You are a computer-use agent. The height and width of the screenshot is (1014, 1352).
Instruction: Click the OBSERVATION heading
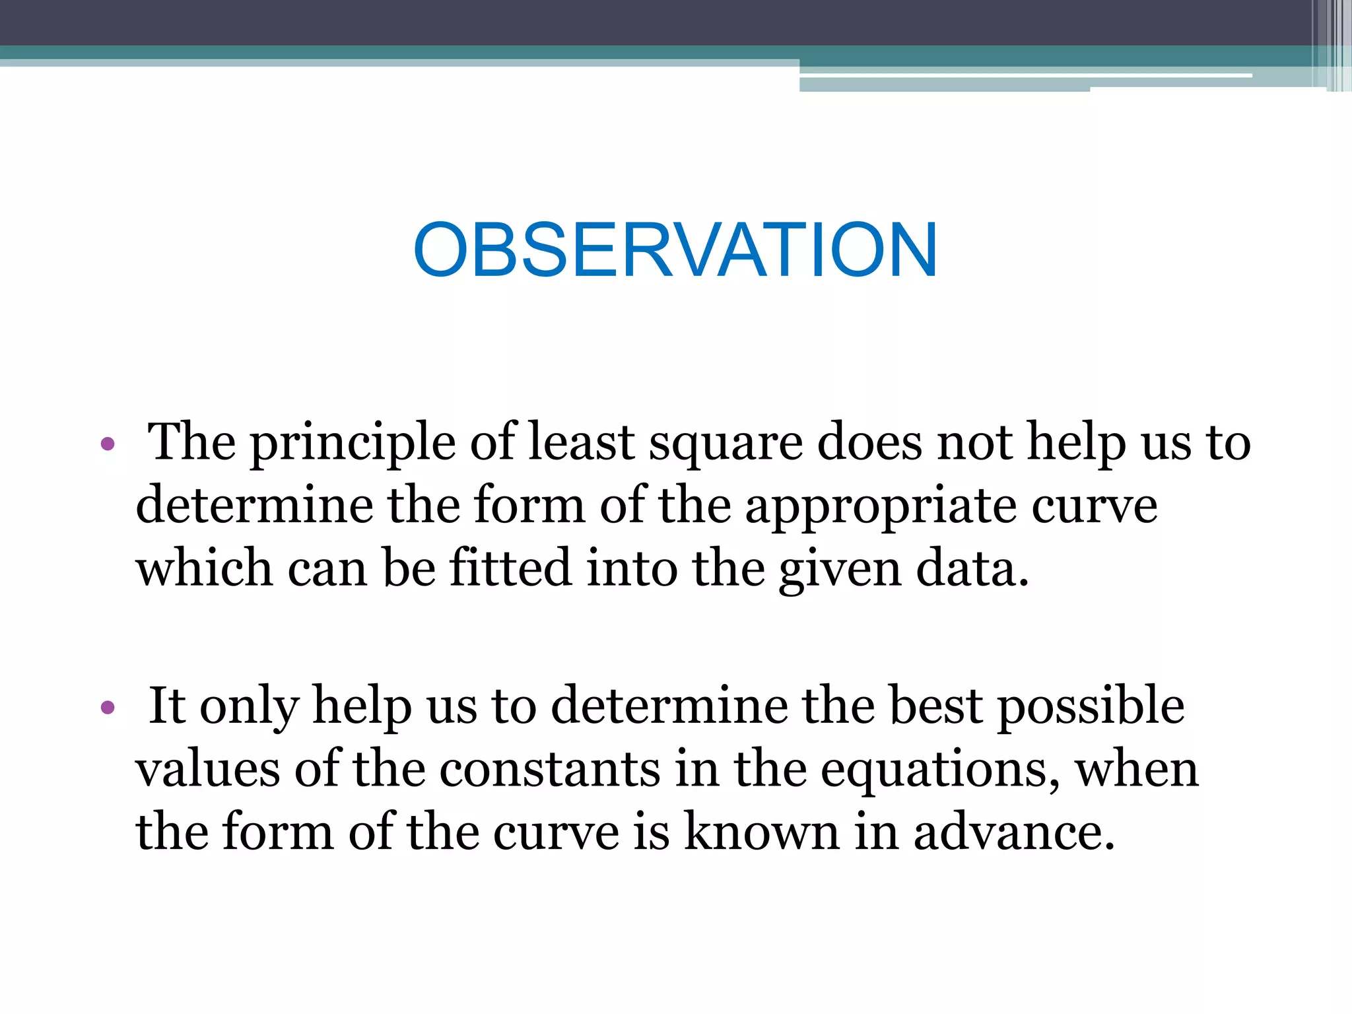[x=675, y=250]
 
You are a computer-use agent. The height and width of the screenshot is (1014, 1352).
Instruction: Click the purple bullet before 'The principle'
[x=108, y=444]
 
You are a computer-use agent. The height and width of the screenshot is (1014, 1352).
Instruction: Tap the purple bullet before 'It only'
[x=108, y=708]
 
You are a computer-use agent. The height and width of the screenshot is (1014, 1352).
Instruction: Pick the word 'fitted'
[x=510, y=568]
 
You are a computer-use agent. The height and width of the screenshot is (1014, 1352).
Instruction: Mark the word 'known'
[x=761, y=832]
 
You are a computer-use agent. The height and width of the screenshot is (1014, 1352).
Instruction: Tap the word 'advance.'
[x=1014, y=832]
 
